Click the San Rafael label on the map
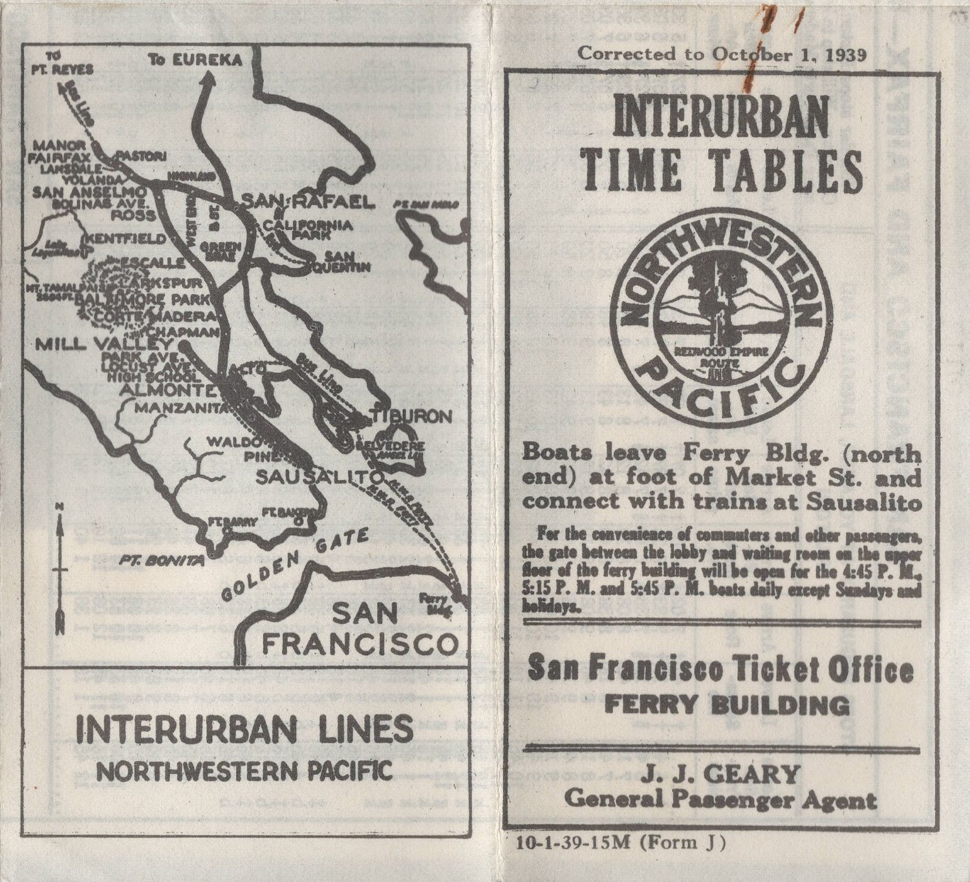click(308, 202)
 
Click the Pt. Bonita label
click(161, 560)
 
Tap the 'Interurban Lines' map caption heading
click(244, 729)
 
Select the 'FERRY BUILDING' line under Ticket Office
click(727, 705)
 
